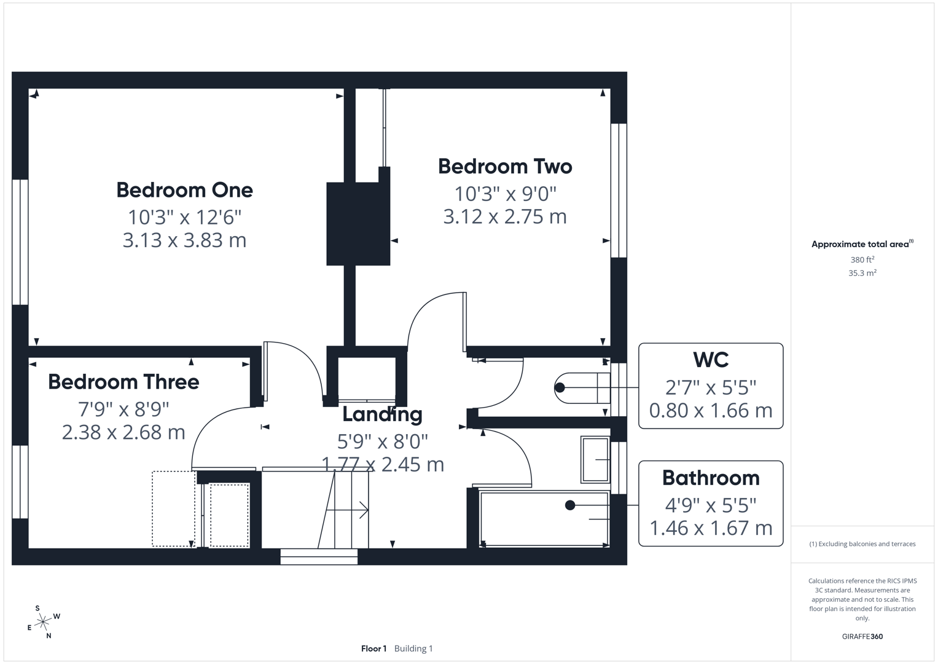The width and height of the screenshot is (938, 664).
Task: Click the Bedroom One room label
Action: pos(184,190)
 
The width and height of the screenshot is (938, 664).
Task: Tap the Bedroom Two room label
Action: pos(505,167)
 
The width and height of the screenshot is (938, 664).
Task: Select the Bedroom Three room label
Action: pos(123,382)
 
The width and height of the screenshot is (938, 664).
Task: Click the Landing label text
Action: pos(382,414)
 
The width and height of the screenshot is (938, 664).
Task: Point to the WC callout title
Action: pos(711,360)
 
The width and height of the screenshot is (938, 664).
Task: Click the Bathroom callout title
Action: pos(711,478)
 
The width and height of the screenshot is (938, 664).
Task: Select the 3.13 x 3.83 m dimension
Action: pos(184,240)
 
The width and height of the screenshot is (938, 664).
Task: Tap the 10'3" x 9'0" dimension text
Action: pos(505,194)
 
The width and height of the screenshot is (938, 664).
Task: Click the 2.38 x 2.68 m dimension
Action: pos(123,432)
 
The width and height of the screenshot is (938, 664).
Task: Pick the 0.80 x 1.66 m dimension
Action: pos(711,410)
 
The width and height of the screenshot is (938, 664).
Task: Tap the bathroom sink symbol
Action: pos(595,459)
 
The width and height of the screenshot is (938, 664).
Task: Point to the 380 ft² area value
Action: pos(862,260)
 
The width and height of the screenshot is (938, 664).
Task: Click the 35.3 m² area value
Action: pos(862,273)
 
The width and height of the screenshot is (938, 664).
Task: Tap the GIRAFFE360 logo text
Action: pos(862,636)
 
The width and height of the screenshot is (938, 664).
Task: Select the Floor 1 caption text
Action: pos(373,649)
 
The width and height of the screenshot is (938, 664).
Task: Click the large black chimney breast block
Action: pos(358,224)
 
